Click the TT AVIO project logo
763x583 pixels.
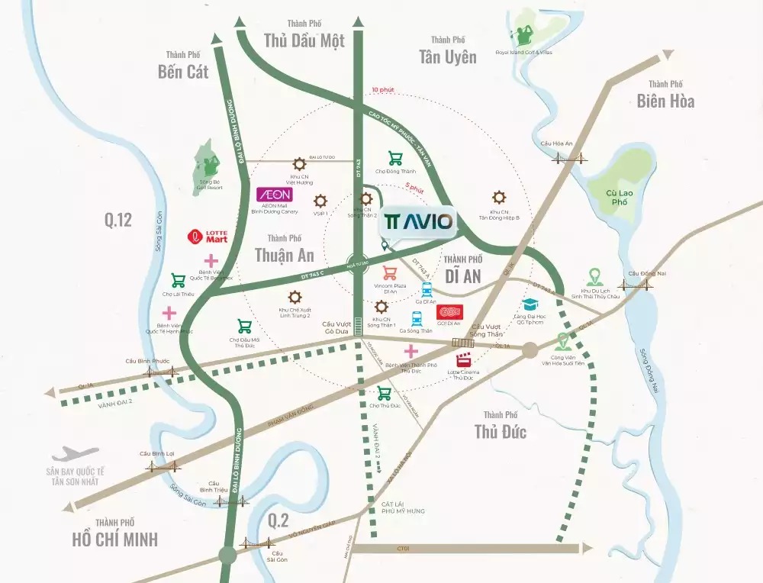pos(418,222)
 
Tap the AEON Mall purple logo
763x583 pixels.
pos(275,195)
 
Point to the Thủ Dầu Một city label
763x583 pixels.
pos(304,40)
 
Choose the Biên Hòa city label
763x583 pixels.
pos(665,100)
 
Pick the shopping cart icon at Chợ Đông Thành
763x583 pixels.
pos(395,158)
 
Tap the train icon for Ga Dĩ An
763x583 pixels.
pos(426,289)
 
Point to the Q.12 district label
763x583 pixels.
pos(118,221)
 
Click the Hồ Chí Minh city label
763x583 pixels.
pos(114,539)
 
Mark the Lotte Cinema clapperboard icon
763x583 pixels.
pos(463,362)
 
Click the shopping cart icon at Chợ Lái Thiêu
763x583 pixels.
pos(179,280)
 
